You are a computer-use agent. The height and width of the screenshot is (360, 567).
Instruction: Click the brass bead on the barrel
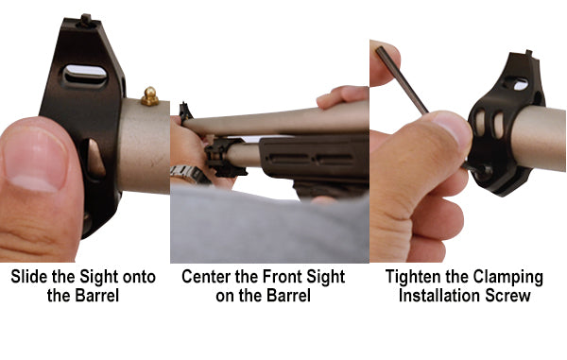click(x=149, y=95)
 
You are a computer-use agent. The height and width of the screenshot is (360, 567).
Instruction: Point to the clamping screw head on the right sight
click(x=478, y=168)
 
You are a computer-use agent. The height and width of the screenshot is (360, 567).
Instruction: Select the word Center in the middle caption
click(x=209, y=278)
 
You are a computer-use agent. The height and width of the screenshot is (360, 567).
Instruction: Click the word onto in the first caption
click(x=137, y=278)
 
